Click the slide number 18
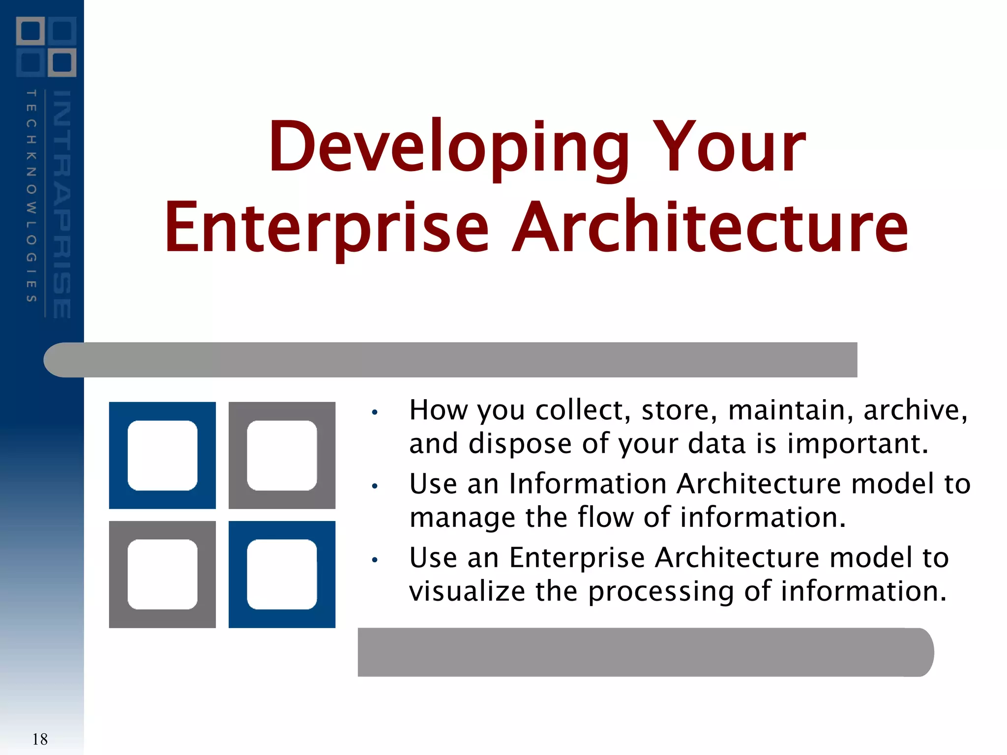pyautogui.click(x=40, y=739)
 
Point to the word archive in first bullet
pyautogui.click(x=915, y=410)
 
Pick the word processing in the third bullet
pyautogui.click(x=661, y=592)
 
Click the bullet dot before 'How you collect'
pyautogui.click(x=375, y=412)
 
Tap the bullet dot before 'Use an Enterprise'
pyautogui.click(x=375, y=559)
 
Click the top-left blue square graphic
pyautogui.click(x=162, y=455)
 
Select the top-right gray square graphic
pyautogui.click(x=282, y=455)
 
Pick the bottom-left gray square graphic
pyautogui.click(x=162, y=574)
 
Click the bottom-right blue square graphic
pyautogui.click(x=282, y=574)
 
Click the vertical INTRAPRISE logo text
pyautogui.click(x=62, y=204)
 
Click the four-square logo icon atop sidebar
pyautogui.click(x=46, y=47)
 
